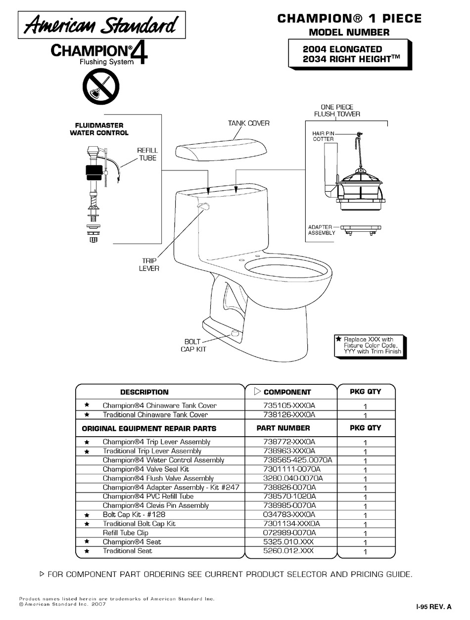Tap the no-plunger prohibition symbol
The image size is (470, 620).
100,87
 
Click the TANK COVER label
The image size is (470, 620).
249,123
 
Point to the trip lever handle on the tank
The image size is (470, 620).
202,206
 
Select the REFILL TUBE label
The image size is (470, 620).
147,154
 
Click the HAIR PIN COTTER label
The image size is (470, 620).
323,136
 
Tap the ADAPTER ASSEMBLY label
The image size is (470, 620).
322,230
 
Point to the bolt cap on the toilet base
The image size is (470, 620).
235,333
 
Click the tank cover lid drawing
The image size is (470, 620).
222,151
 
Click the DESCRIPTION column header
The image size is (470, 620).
144,392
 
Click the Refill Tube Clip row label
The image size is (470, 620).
125,533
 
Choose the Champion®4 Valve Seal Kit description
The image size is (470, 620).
146,469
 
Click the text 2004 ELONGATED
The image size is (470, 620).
342,49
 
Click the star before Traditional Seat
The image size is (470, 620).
87,551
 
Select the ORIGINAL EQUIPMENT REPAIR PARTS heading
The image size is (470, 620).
149,428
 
